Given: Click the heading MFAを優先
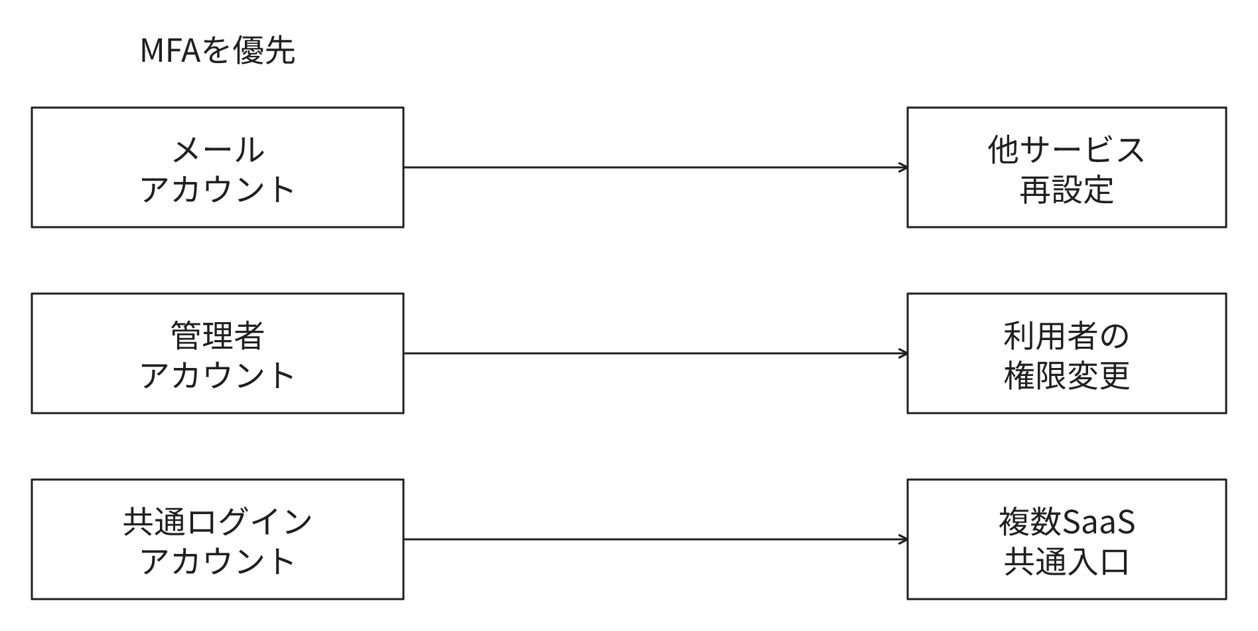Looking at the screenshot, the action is [x=218, y=50].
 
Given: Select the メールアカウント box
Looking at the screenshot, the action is [x=218, y=167].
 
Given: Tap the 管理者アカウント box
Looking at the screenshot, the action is [x=218, y=353].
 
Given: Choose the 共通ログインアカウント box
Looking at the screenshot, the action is [x=218, y=539].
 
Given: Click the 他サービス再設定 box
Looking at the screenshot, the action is [x=1066, y=167].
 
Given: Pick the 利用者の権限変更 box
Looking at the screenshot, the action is [x=1066, y=353].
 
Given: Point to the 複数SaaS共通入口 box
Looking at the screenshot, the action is [x=1066, y=539].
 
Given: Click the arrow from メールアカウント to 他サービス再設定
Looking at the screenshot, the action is [x=656, y=167].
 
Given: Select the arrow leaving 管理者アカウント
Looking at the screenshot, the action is [x=656, y=353].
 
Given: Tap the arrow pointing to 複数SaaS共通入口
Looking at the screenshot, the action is [x=656, y=539].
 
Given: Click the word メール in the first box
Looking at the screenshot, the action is [x=218, y=149].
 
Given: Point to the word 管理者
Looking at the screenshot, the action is [x=218, y=335].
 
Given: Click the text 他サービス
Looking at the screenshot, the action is [x=1066, y=149].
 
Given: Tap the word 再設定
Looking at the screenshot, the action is [x=1066, y=189].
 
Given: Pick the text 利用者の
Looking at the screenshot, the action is [x=1066, y=335].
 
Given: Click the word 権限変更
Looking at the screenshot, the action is [x=1066, y=375].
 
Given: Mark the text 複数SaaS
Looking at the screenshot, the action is [x=1066, y=521].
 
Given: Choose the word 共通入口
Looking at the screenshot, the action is [x=1066, y=561].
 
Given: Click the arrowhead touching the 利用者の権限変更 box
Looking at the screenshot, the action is [x=903, y=353].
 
